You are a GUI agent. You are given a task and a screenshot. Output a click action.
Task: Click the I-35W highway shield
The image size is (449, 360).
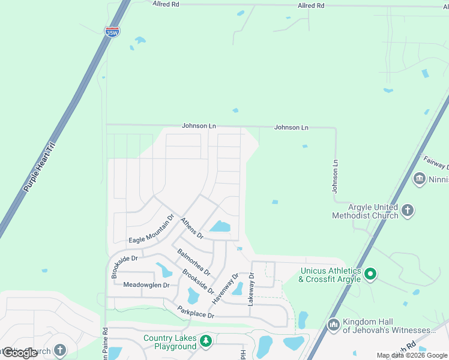pyautogui.click(x=112, y=32)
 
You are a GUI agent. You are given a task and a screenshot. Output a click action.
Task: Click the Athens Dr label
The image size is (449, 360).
pyautogui.click(x=192, y=228)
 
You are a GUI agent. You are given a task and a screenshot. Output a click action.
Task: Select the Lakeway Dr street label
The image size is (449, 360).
pyautogui.click(x=252, y=289)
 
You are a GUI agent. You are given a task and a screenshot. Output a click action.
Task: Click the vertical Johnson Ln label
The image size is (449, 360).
pyautogui.click(x=336, y=175)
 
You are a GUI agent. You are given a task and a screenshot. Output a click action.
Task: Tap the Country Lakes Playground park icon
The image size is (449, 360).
pyautogui.click(x=206, y=341)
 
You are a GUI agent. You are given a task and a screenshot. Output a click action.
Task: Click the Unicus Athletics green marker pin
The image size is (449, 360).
pyautogui.click(x=370, y=275)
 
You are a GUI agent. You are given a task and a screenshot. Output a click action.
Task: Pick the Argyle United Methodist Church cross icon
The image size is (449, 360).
pyautogui.click(x=408, y=210)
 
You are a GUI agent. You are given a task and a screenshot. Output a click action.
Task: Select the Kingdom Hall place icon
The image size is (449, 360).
pyautogui.click(x=333, y=325)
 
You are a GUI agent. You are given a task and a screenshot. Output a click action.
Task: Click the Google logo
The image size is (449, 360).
pyautogui.click(x=20, y=353)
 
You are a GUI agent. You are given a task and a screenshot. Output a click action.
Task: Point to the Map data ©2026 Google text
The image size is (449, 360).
pyautogui.click(x=412, y=355)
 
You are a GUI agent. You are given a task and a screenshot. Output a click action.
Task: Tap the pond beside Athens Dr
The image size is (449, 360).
pyautogui.click(x=220, y=227)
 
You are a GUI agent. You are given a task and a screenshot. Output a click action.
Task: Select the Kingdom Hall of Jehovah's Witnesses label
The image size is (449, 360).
pyautogui.click(x=388, y=326)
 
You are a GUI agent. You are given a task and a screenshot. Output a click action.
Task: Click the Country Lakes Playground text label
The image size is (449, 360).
pyautogui.click(x=170, y=342)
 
